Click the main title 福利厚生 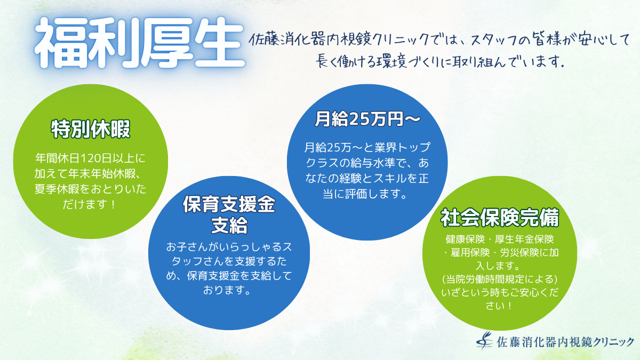tap(139, 43)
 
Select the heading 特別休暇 tap(91, 129)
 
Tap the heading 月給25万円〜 tap(367, 119)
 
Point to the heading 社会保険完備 tap(500, 218)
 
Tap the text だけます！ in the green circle tap(89, 205)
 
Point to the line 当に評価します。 tap(365, 194)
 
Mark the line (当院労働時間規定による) tap(500, 279)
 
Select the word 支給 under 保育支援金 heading tap(229, 226)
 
